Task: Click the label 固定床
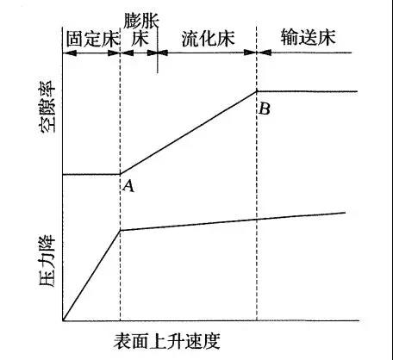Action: [x=92, y=39]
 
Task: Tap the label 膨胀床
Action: [x=140, y=29]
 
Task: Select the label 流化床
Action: [x=208, y=38]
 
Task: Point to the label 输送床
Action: [x=309, y=37]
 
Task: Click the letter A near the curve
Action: [x=128, y=186]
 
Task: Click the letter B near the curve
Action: [x=264, y=109]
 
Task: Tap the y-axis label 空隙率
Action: [x=47, y=106]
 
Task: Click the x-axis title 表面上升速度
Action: [x=167, y=341]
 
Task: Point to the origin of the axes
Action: [x=63, y=320]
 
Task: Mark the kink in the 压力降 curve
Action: [x=121, y=230]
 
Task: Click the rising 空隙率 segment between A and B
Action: [x=189, y=133]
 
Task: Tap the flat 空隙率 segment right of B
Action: [x=307, y=91]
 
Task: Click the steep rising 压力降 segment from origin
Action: [x=91, y=276]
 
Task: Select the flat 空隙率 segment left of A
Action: [x=91, y=174]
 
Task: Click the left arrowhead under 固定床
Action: [x=70, y=53]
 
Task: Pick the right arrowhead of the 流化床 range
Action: [x=250, y=53]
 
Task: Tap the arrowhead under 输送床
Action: [x=265, y=53]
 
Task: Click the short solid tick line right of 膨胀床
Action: [x=158, y=50]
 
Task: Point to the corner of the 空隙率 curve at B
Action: [x=257, y=91]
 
